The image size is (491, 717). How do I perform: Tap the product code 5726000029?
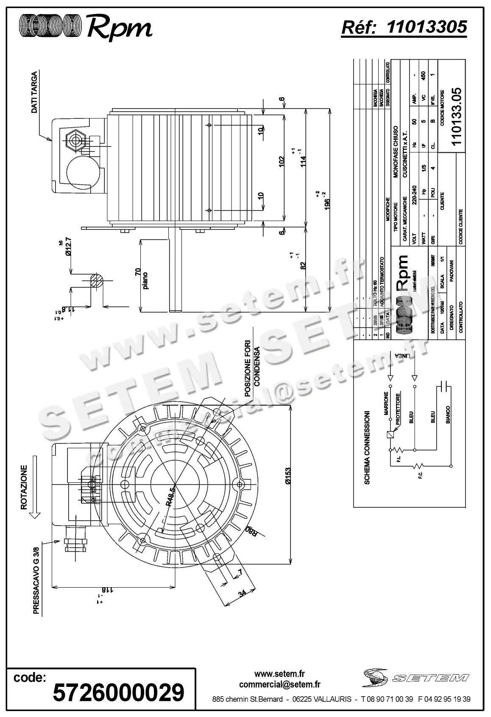[118, 693]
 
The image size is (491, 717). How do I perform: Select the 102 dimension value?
[282, 162]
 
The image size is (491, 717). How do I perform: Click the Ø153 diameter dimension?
[288, 476]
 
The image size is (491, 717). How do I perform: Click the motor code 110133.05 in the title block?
[457, 116]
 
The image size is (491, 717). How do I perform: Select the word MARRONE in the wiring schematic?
[386, 403]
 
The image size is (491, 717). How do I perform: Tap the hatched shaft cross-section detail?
[97, 281]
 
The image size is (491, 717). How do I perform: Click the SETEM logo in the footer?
[415, 678]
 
